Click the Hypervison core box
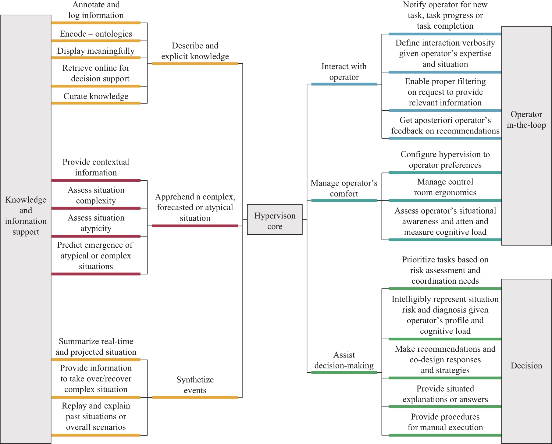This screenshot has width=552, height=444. pos(275,219)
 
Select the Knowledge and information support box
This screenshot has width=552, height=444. pos(26,229)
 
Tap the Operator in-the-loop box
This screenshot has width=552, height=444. pos(526,136)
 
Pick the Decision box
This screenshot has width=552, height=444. pos(526,361)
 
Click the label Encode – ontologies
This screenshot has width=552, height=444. pos(96,34)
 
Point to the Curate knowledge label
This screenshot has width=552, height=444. pos(96,96)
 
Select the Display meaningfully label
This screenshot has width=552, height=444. pos(96,51)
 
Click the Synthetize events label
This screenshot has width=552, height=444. pos(195,385)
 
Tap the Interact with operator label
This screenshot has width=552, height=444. pos(344,72)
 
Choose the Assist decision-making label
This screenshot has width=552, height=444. pos(344,360)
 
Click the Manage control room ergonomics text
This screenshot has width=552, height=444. pos(445,187)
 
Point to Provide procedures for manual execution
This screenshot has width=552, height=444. pos(445,422)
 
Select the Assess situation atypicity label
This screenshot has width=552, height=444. pos(96,223)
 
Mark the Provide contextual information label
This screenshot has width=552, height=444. pos(96,167)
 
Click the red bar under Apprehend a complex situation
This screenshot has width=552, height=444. pos(195,226)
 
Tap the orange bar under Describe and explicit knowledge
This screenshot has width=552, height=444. pos(195,64)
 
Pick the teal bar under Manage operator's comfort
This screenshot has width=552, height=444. pos(344,201)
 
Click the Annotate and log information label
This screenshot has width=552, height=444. pos(96,10)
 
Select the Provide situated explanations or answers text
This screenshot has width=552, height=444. pos(445,394)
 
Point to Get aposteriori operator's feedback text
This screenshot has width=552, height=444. pos(445,126)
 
